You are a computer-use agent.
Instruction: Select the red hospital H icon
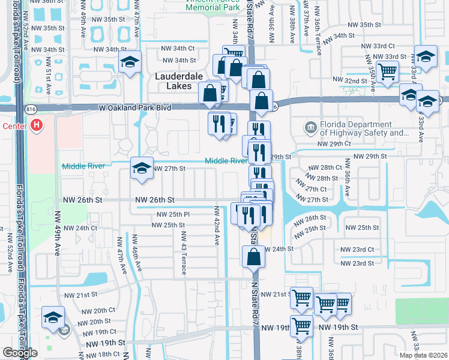(37, 125)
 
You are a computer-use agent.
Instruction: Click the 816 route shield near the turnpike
(30, 108)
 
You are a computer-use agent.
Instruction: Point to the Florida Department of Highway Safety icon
(310, 127)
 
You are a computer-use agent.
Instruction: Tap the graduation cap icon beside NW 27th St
(142, 169)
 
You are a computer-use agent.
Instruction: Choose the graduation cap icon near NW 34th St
(130, 62)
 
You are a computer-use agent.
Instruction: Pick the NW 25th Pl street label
(173, 214)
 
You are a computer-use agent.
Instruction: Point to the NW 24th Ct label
(80, 228)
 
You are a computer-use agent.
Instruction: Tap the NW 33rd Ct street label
(378, 46)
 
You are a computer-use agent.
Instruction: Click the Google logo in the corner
(20, 353)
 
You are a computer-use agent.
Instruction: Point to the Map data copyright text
(424, 356)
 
